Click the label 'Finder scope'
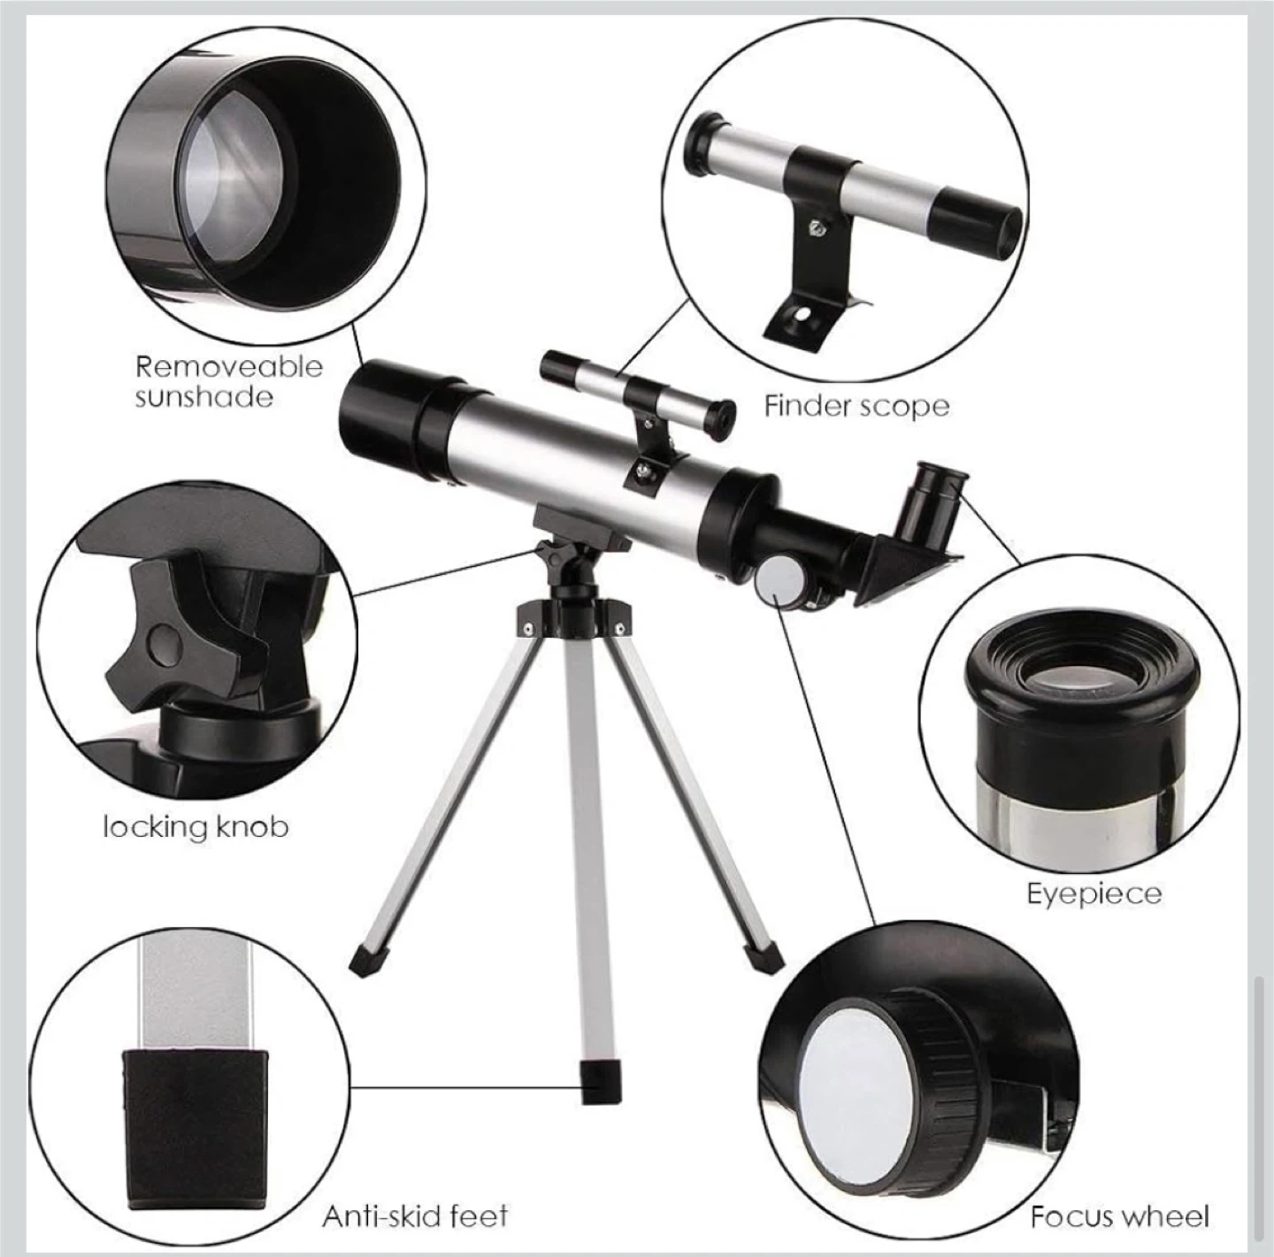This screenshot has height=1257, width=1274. tap(856, 406)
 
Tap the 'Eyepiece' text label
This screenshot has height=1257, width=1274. tap(1094, 894)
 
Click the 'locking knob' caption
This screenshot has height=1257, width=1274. tap(196, 826)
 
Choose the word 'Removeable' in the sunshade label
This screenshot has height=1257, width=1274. tap(229, 367)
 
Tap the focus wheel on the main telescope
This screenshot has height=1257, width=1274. tap(780, 581)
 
